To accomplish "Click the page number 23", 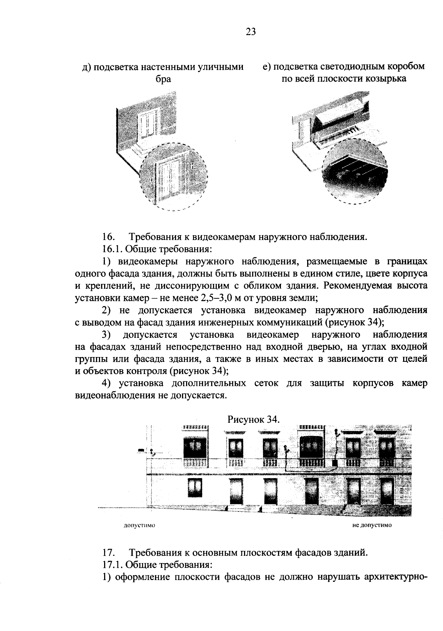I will (250, 32).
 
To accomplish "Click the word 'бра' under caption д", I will (163, 79).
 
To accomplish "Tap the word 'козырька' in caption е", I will (385, 79).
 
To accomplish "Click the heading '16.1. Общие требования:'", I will (157, 249).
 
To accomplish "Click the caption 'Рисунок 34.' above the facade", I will (253, 419).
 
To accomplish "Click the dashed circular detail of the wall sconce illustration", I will (174, 176).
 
